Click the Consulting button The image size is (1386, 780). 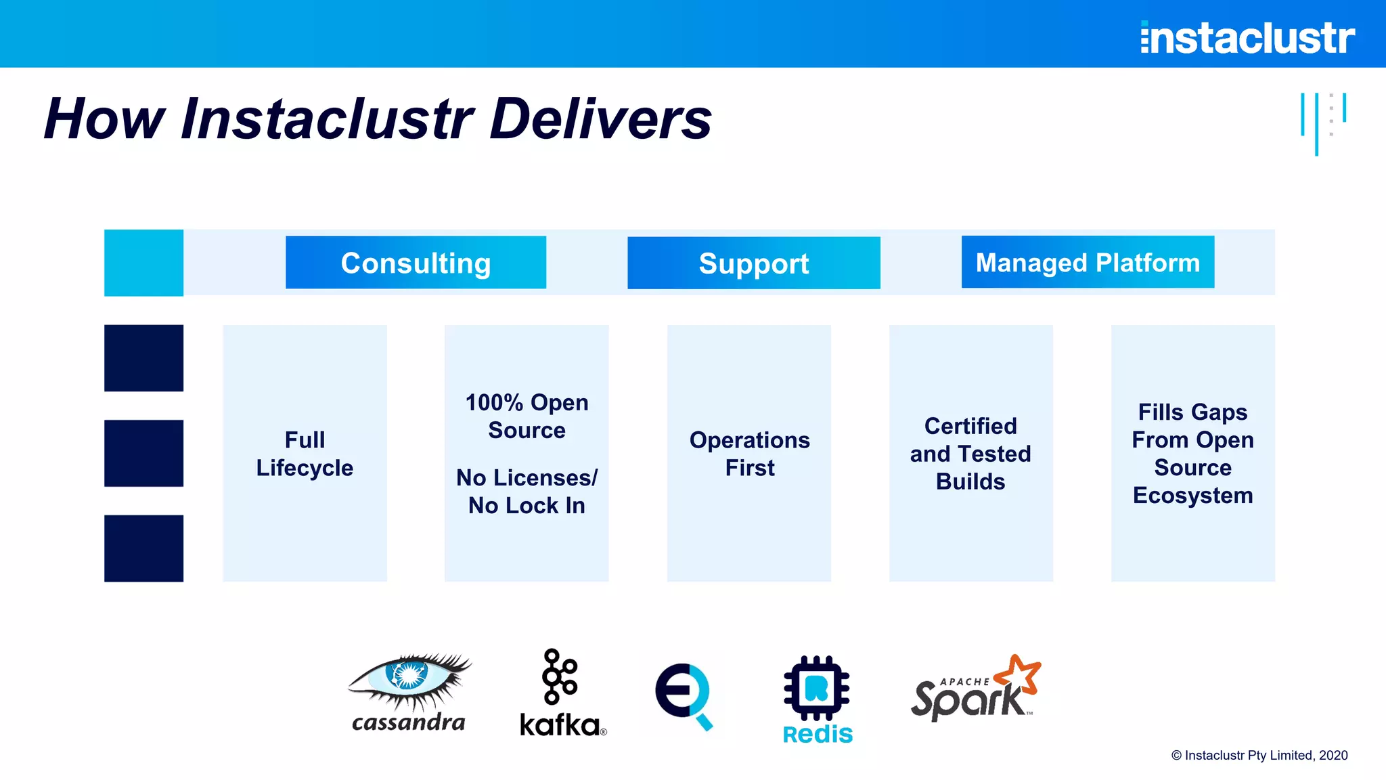click(416, 263)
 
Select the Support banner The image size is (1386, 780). click(753, 263)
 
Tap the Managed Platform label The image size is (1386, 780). click(1088, 262)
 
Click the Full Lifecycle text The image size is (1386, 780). click(305, 454)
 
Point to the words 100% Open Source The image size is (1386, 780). click(527, 416)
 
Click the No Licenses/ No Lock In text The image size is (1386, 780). click(527, 492)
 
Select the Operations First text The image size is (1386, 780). click(749, 454)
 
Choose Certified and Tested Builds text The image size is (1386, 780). click(970, 454)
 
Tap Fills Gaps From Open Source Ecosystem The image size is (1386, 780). click(1192, 454)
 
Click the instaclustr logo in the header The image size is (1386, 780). click(1247, 37)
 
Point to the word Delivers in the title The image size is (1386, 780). click(600, 118)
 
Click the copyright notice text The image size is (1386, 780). click(1259, 756)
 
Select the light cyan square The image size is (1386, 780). click(143, 263)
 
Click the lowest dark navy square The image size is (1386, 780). click(143, 548)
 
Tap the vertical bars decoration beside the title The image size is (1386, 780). click(1322, 122)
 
